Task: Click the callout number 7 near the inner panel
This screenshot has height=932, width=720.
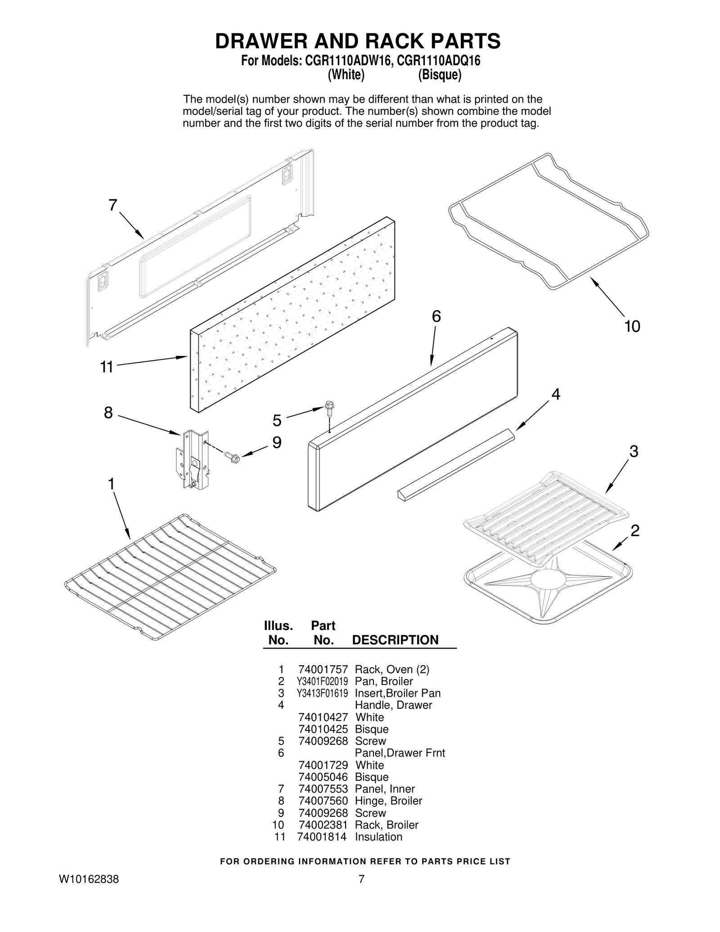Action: [113, 205]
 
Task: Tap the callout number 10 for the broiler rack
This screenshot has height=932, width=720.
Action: [632, 326]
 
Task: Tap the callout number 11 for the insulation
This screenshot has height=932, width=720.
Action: [107, 367]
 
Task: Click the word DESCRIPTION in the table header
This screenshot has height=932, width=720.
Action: [395, 640]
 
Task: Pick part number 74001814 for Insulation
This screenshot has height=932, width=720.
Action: [322, 837]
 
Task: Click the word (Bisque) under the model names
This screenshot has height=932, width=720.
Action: [439, 75]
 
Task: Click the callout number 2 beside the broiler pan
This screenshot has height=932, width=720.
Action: [634, 531]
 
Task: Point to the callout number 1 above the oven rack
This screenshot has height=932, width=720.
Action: [111, 484]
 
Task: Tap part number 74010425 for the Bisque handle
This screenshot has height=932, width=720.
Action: [323, 729]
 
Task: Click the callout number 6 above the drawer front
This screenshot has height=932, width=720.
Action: [436, 316]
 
